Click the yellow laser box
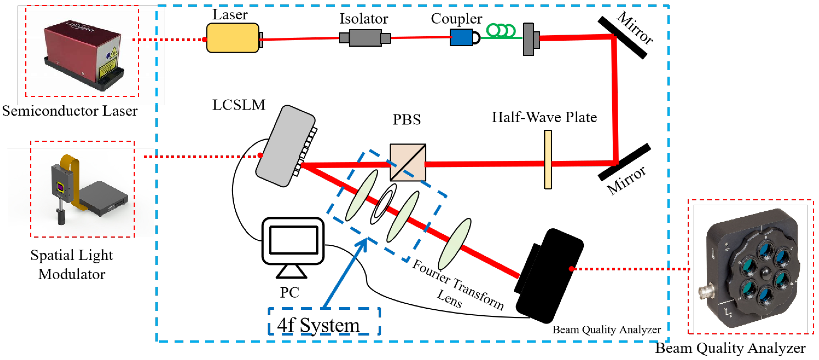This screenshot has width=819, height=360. [x=232, y=38]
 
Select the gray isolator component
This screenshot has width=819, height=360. [x=365, y=38]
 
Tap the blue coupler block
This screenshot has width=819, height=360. [x=461, y=37]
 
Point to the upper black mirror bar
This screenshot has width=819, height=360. [x=622, y=37]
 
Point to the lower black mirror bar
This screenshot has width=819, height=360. [x=624, y=162]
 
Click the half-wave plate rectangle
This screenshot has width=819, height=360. [x=548, y=159]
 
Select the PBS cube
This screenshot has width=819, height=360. [x=408, y=162]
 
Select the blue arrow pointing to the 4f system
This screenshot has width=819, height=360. [x=345, y=274]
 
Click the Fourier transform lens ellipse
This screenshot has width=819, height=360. [x=454, y=244]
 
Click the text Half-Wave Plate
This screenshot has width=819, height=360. [x=544, y=117]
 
